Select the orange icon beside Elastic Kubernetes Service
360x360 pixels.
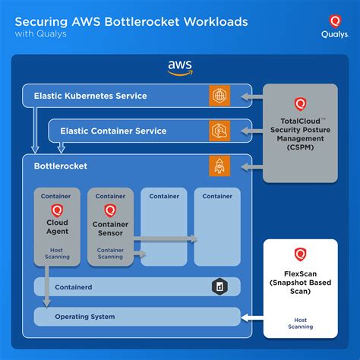219,96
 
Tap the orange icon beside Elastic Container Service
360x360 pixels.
219,131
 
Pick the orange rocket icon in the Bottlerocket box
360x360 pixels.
219,165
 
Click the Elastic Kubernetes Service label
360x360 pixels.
90,96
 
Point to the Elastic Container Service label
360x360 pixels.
113,131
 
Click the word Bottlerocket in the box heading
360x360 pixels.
61,165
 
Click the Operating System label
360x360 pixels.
84,316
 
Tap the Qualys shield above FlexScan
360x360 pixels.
299,254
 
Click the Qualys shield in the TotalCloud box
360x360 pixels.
299,104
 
